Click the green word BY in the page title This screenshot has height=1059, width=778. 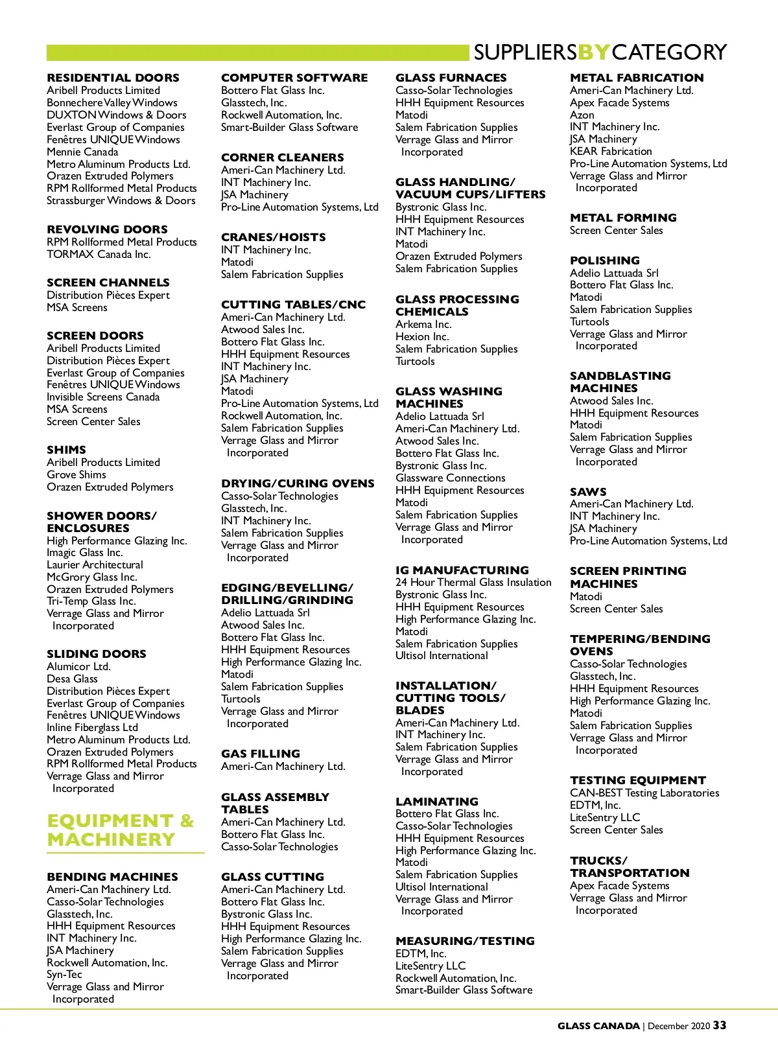coord(593,52)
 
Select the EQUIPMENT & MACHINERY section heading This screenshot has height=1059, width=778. coord(121,830)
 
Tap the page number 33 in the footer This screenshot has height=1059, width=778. coord(720,1025)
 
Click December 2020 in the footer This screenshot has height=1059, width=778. coord(678,1026)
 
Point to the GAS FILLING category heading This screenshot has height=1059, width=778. coord(261,754)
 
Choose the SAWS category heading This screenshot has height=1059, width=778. coord(588,492)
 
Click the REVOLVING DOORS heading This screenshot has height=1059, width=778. coord(107,229)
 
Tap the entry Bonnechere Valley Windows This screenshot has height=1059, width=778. coord(112,102)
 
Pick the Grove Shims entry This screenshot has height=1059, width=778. coord(77,474)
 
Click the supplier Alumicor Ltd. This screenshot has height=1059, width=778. coord(78,666)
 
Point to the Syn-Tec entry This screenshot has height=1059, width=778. coord(64,974)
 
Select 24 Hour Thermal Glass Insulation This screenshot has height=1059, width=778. coord(473,582)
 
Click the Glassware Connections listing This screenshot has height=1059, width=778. coord(450,478)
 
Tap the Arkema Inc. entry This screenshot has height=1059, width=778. coord(423,324)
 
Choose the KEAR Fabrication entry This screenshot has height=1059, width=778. coord(611,151)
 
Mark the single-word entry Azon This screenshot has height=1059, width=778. coord(582,115)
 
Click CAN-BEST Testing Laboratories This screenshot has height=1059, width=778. coord(644,793)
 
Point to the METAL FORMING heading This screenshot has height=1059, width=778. coord(623,218)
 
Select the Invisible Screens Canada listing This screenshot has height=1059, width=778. coord(103,397)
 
